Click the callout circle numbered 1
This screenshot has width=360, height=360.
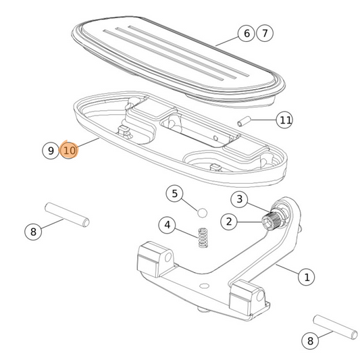307,276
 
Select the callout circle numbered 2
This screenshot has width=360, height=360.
230,221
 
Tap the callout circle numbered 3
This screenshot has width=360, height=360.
239,199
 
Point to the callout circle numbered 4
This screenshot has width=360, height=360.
167,225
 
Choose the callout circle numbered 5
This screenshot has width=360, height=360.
174,194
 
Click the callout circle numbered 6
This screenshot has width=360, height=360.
246,33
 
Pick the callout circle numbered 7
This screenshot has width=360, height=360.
265,33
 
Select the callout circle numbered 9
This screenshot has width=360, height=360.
51,151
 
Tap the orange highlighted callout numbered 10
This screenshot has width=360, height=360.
70,151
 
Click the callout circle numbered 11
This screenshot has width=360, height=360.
286,120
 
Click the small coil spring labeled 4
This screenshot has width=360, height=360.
201,237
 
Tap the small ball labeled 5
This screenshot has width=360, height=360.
201,212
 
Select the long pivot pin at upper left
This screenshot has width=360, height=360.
67,213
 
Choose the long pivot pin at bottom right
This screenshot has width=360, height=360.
336,326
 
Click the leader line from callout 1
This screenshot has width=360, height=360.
288,271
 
